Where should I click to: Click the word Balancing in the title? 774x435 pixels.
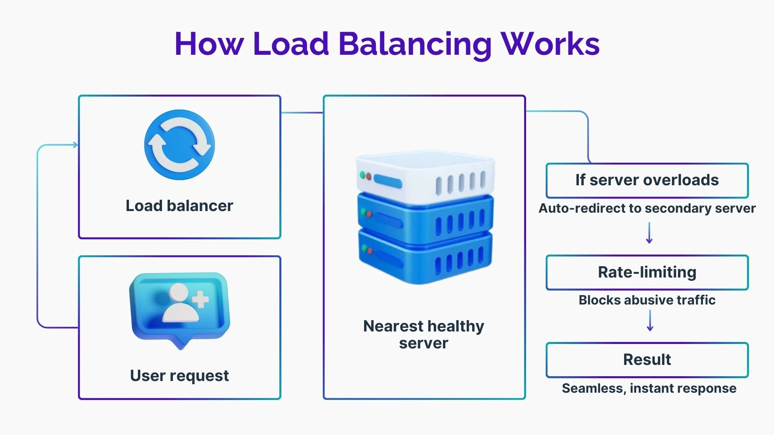click(415, 44)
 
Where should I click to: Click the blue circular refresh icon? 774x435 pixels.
click(179, 145)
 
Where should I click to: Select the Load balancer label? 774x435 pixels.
click(179, 205)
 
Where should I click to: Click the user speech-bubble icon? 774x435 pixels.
click(180, 310)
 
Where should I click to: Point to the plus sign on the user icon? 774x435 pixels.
click(200, 300)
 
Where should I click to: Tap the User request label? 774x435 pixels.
click(179, 376)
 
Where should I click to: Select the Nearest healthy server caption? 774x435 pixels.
click(424, 334)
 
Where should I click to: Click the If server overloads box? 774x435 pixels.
click(647, 180)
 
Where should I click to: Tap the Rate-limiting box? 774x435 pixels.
click(647, 272)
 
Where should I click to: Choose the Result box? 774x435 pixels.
click(647, 360)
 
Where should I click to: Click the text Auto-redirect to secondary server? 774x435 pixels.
click(647, 208)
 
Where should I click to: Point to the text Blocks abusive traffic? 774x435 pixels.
click(647, 300)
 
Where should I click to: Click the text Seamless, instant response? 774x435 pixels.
click(649, 388)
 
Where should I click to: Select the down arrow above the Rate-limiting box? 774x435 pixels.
click(649, 233)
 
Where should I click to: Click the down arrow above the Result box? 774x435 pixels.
click(650, 321)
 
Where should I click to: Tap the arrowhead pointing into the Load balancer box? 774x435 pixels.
click(75, 145)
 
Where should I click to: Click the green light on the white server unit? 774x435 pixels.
click(363, 175)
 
